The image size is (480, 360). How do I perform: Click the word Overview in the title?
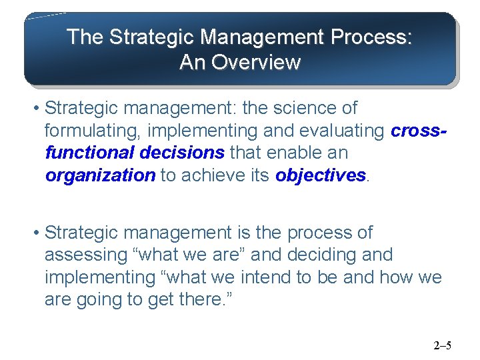click(256, 63)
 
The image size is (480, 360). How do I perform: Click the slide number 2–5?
click(442, 345)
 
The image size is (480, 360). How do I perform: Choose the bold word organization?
click(100, 175)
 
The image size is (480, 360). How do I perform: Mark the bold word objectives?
click(321, 175)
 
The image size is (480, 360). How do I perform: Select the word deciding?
click(317, 255)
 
